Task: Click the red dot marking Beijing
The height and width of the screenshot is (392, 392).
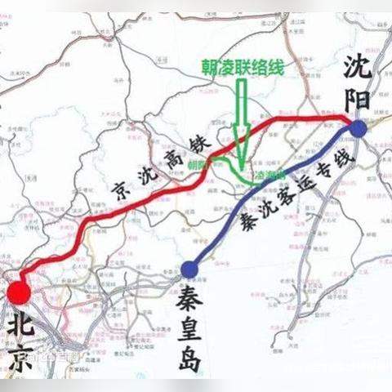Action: pos(19,293)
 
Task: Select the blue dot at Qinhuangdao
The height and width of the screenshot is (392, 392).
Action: pos(190,267)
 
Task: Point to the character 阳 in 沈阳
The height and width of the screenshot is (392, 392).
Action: pos(358,96)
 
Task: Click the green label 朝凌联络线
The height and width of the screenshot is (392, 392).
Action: pos(236,69)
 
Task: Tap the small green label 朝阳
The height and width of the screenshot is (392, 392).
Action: pos(198,164)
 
